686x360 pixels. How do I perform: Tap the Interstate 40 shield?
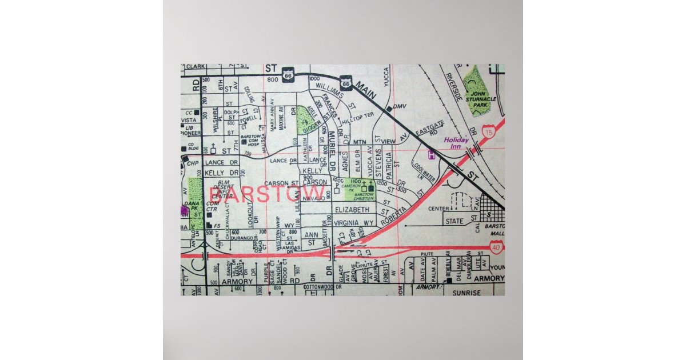496,247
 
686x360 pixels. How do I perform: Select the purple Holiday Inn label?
456,143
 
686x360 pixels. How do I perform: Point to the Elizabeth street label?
353,210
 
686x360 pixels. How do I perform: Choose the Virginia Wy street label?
353,222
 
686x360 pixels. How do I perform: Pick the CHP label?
193,163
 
